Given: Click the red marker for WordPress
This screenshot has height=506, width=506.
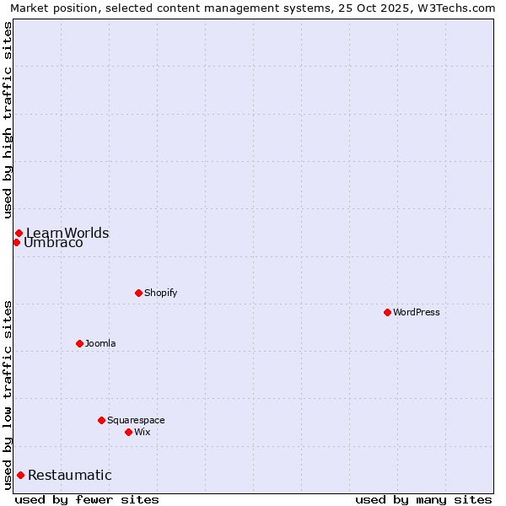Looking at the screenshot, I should tap(387, 312).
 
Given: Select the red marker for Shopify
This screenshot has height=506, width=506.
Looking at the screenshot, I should tap(138, 293).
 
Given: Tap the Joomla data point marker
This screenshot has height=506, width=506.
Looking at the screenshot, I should tap(79, 343).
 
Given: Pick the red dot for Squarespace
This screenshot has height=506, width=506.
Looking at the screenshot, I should tap(101, 420).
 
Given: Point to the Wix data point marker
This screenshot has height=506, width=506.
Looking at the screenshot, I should tap(128, 432).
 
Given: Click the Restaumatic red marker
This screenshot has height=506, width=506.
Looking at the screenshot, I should tap(20, 475).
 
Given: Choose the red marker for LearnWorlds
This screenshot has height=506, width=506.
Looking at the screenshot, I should tap(19, 233).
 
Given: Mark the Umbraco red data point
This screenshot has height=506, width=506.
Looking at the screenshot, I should tap(16, 242).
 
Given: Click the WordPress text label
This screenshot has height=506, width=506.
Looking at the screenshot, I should tap(417, 312).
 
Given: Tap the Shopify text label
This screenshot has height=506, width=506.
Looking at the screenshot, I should tap(160, 293).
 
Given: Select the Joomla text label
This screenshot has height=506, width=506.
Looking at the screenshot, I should tap(100, 343).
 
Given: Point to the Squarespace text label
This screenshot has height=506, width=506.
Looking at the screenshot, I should tap(136, 420).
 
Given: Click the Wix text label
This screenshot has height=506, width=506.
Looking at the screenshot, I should tap(142, 432).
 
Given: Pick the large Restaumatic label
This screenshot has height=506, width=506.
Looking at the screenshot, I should tap(69, 475).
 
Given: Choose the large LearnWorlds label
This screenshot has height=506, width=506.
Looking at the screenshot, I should tap(67, 233).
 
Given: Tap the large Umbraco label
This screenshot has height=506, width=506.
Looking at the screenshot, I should tap(53, 243).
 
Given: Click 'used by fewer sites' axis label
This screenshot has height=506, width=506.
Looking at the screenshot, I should tap(87, 499).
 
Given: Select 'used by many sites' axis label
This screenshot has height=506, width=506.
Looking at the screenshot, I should tap(423, 499).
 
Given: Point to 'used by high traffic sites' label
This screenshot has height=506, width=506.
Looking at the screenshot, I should tap(8, 120).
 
